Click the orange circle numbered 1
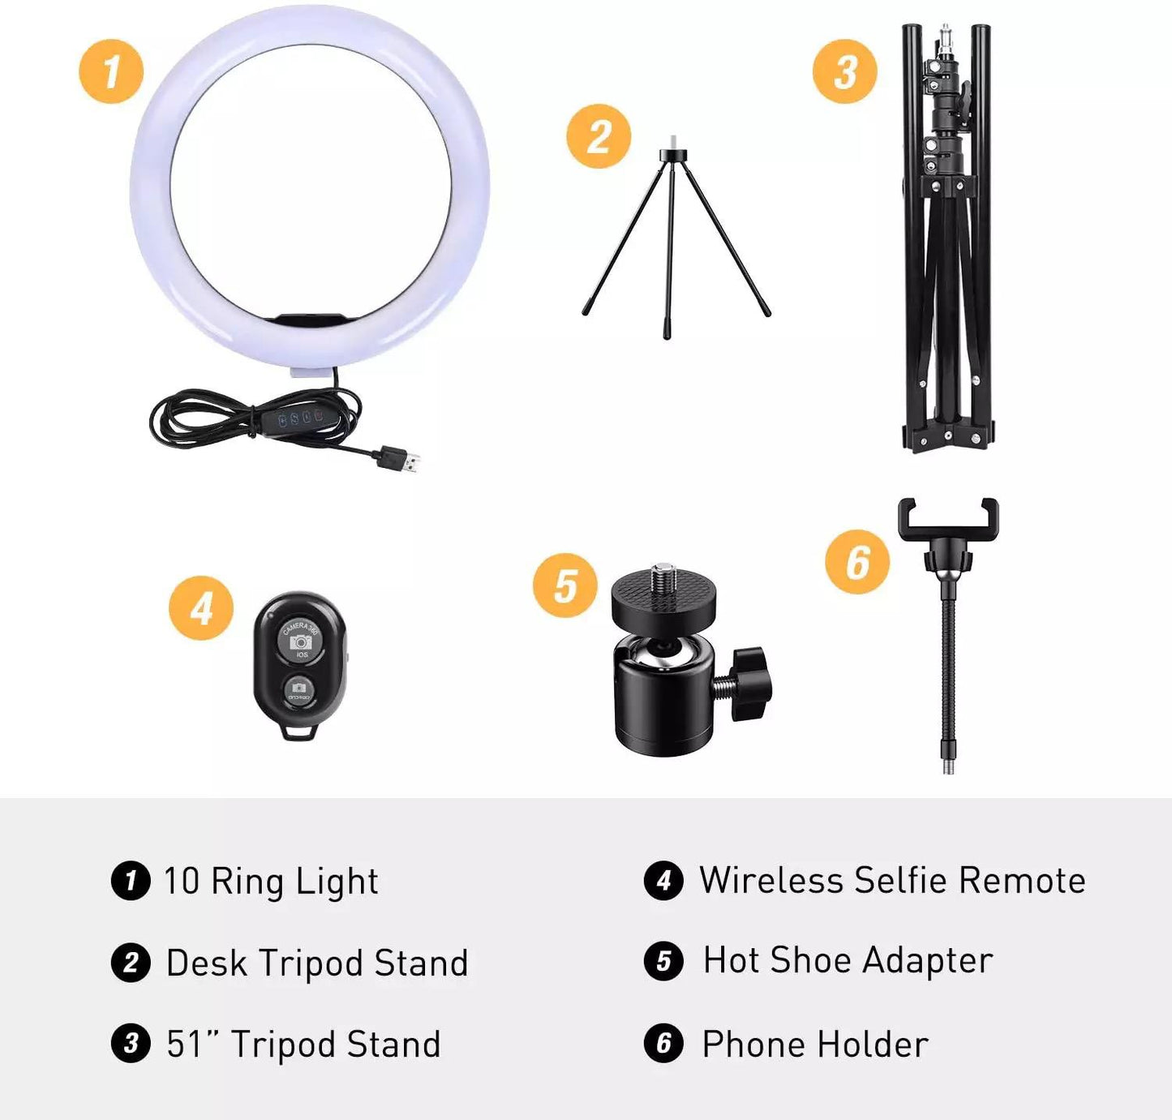tap(111, 71)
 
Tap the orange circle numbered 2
tap(599, 136)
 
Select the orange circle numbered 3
tap(845, 71)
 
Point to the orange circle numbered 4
tap(201, 607)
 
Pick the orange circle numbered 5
tap(565, 586)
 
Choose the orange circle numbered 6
tap(857, 562)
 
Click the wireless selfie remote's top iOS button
tap(301, 640)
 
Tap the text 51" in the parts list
tap(193, 1044)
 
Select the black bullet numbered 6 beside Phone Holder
tap(663, 1043)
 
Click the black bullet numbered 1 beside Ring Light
tap(131, 880)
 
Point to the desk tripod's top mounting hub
tap(674, 156)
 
